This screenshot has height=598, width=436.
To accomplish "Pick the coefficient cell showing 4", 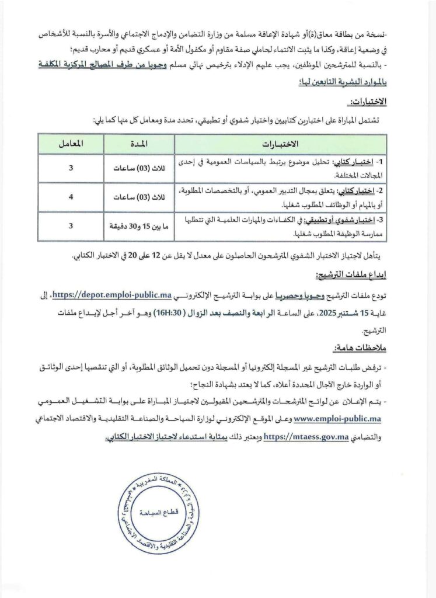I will [x=71, y=197].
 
